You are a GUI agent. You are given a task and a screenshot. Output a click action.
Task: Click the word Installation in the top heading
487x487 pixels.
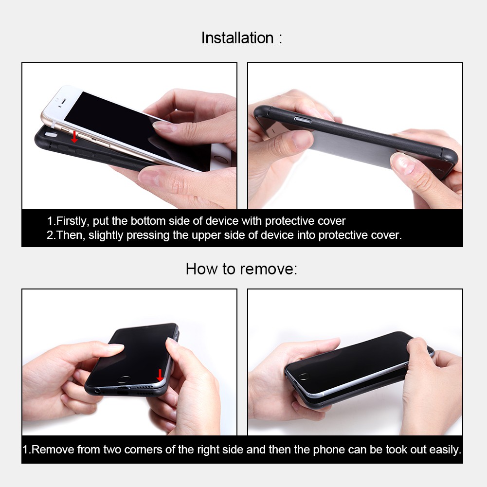(237, 38)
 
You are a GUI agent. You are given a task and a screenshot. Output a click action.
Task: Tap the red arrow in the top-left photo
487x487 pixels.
(74, 137)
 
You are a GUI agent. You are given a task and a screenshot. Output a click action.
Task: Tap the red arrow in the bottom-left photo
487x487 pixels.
(160, 376)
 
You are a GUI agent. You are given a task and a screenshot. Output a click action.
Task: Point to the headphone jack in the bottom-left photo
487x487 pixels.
(99, 390)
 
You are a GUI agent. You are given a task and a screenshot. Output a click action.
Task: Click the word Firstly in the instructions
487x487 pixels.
(71, 221)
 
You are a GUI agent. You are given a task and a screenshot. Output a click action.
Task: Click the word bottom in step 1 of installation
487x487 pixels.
(147, 221)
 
